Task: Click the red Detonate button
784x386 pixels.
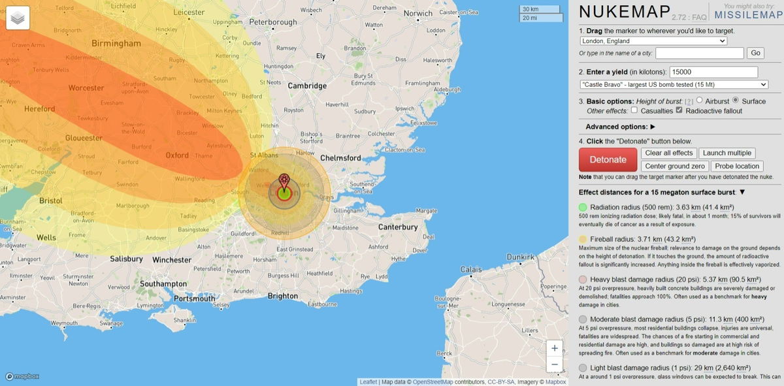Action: [x=608, y=159]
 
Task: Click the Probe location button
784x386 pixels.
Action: [x=737, y=167]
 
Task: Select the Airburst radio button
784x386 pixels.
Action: [x=700, y=101]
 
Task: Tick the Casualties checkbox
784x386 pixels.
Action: [x=634, y=110]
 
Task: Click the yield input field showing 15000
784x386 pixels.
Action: [x=713, y=72]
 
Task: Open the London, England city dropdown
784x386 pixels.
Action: [x=653, y=41]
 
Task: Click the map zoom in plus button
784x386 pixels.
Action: [x=554, y=348]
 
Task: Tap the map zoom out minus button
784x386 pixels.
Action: [x=554, y=364]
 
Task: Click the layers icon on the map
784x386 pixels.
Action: [x=18, y=19]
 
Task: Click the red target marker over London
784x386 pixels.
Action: [x=284, y=180]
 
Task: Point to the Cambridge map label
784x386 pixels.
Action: [x=307, y=86]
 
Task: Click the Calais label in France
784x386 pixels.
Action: [x=470, y=269]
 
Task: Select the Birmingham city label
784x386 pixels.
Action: [x=116, y=44]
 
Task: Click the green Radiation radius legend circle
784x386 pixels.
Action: [x=583, y=207]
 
